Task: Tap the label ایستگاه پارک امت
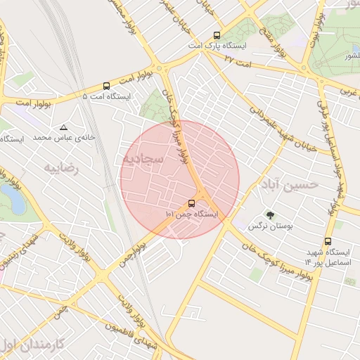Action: click(x=217, y=46)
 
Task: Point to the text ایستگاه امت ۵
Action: click(x=106, y=96)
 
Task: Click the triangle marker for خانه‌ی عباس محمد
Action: click(x=64, y=127)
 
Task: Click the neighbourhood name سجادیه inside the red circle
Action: click(x=144, y=159)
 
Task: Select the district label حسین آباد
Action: click(x=288, y=185)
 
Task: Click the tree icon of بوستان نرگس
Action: click(x=270, y=215)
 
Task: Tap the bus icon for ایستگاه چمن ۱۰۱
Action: click(x=192, y=204)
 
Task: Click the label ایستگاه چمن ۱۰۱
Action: click(x=191, y=214)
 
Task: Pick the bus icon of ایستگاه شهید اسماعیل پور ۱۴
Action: click(x=328, y=241)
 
